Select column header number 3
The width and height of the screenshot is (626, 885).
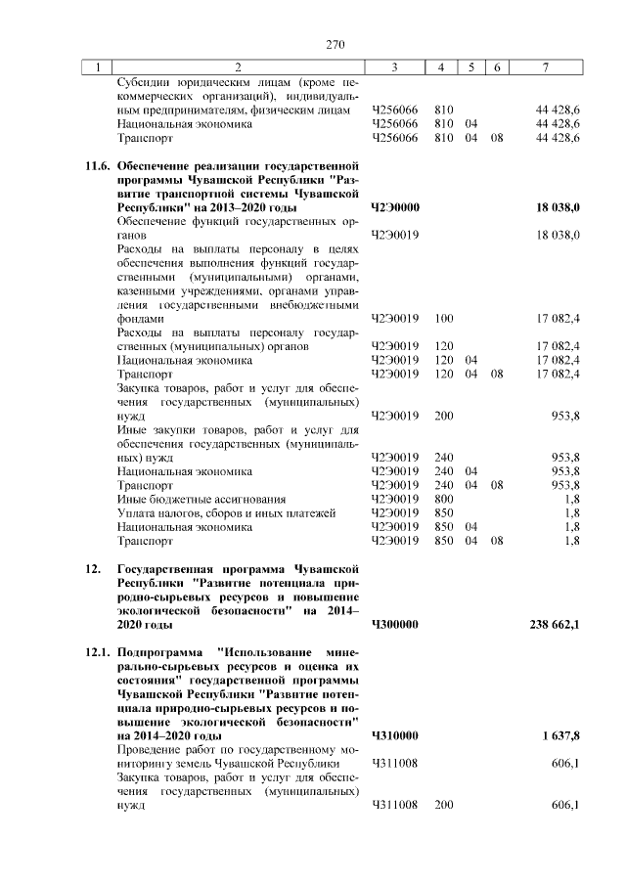(x=394, y=67)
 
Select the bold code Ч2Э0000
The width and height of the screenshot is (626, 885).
(x=395, y=209)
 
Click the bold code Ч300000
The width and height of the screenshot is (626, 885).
(x=395, y=623)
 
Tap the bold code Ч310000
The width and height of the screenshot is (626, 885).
(x=395, y=734)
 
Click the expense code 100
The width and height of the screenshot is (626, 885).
(x=443, y=319)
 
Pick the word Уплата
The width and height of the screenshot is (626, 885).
(x=138, y=512)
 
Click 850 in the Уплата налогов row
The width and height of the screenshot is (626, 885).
(x=443, y=512)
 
